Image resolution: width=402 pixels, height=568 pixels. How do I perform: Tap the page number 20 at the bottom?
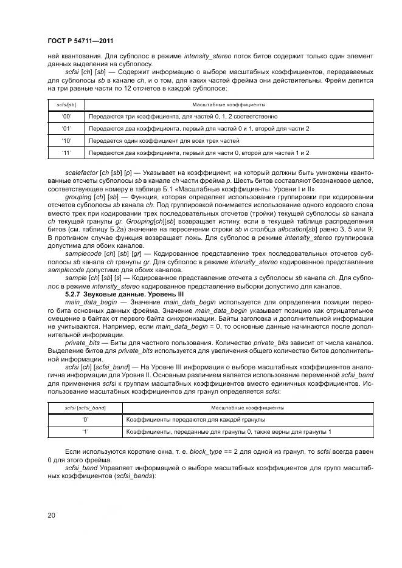point(50,515)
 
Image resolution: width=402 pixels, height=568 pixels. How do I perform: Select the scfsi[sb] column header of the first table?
point(67,104)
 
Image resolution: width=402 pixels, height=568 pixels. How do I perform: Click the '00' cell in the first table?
point(67,116)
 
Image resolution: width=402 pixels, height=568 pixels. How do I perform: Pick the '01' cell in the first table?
point(67,129)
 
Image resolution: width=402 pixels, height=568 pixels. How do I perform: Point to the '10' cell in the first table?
point(67,141)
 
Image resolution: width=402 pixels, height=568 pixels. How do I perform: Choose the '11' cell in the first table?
point(67,153)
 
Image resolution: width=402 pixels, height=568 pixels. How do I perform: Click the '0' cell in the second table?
point(85,419)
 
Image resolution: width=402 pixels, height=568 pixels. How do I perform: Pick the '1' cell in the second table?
point(85,431)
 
